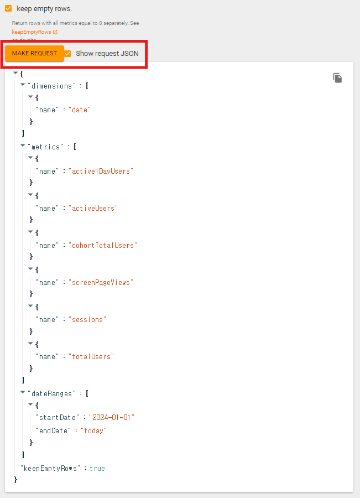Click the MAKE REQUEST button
34,54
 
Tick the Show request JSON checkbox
67,54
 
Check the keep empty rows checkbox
8,8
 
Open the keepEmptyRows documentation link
32,32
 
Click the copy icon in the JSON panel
337,78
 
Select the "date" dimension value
80,110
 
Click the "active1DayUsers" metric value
101,172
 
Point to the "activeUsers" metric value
93,209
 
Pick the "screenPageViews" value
101,283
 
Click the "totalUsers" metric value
91,357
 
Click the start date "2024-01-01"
112,418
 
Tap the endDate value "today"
93,430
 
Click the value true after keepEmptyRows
97,469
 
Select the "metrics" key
45,147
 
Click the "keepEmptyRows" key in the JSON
51,469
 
